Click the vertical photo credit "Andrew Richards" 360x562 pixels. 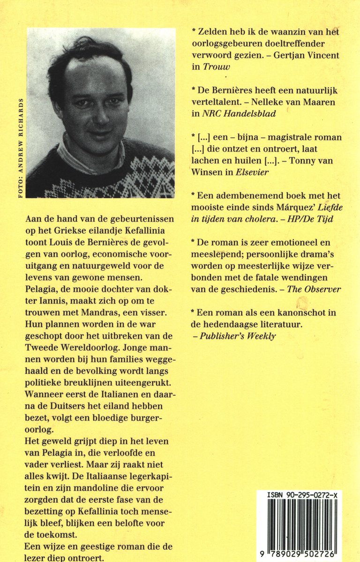21,148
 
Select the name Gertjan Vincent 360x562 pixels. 307,55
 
